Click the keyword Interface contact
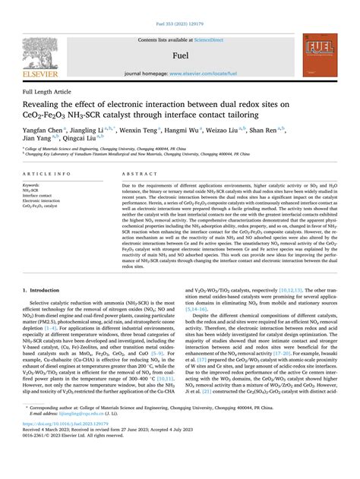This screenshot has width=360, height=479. tap(38, 195)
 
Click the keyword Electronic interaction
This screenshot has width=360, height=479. tap(42, 200)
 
